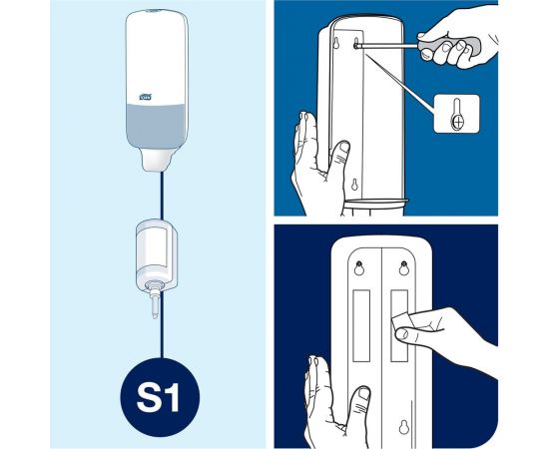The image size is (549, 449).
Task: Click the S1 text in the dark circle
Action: pos(160,398)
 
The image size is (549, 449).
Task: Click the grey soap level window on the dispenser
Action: pos(156,126)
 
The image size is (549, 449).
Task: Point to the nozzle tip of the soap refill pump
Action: pos(155,316)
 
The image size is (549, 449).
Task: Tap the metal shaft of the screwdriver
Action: pos(386,46)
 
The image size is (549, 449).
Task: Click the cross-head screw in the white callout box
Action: pos(457,122)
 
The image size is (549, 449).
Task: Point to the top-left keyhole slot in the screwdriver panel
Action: pos(336,43)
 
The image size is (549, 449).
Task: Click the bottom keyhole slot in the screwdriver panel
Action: pos(354,184)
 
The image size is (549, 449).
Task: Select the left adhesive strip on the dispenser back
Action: pos(361,325)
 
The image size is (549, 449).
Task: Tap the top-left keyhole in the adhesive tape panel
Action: pos(359,267)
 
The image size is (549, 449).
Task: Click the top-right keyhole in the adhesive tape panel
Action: pos(403,267)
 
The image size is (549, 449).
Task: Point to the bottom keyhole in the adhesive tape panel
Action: pos(404,427)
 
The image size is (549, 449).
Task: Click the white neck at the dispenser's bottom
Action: pos(156,160)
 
